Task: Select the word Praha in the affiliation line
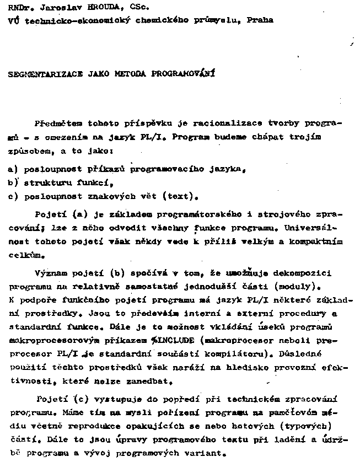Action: pyautogui.click(x=259, y=20)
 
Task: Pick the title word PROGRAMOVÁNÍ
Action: pyautogui.click(x=184, y=72)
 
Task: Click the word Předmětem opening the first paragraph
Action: pyautogui.click(x=56, y=124)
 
